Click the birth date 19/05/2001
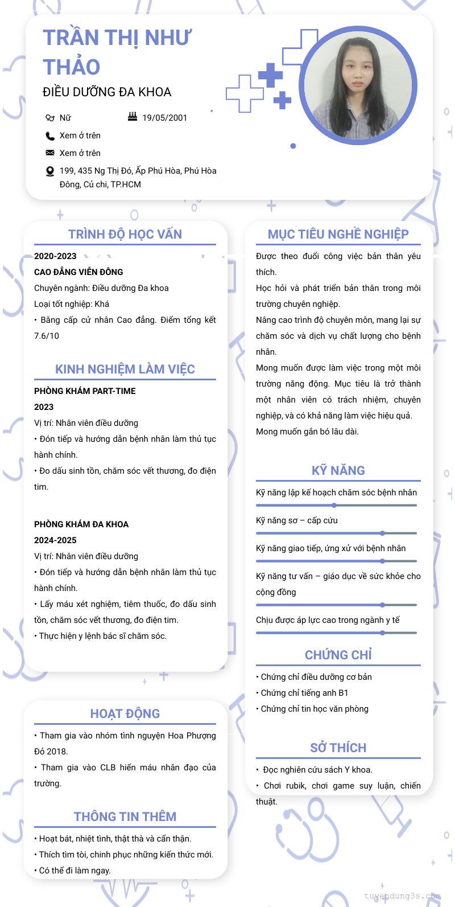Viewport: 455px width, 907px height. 164,118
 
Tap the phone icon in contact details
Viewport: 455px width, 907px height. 50,136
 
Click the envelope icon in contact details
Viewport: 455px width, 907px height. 50,153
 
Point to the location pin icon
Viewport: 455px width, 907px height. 50,171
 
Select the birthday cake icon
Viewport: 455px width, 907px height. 133,117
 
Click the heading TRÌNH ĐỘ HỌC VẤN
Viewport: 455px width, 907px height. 125,235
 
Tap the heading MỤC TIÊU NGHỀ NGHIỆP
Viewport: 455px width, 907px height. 338,235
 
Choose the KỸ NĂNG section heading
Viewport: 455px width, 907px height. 338,471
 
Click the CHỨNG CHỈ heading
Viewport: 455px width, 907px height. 338,655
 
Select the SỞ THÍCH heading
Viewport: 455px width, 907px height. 338,748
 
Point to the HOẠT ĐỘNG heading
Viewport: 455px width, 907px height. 125,714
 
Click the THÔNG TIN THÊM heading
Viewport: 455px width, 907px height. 125,817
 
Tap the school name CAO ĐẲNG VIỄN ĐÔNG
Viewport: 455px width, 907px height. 78,272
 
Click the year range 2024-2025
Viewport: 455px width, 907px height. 55,540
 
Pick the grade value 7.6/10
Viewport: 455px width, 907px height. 47,336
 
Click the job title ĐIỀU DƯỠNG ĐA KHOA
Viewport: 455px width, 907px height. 107,92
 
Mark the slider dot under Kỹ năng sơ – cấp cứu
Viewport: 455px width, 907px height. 382,533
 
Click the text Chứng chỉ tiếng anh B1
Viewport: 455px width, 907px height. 304,693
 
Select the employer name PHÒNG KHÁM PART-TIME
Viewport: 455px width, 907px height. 85,391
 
